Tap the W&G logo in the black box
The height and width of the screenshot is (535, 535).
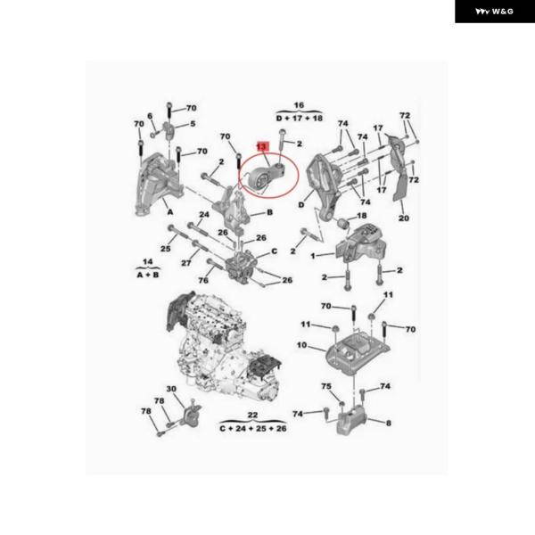click(x=495, y=12)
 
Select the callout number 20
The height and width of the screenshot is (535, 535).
click(x=403, y=218)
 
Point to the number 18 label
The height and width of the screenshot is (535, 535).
click(x=361, y=216)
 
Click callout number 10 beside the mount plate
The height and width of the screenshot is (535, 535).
click(x=301, y=345)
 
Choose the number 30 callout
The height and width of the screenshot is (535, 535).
click(x=171, y=389)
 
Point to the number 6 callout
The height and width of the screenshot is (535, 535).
click(x=150, y=116)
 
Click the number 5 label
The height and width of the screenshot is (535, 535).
click(x=193, y=124)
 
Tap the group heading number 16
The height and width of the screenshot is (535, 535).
click(x=299, y=105)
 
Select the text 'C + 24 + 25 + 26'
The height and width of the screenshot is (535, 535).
click(x=253, y=428)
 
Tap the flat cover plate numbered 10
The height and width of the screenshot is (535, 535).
click(x=357, y=350)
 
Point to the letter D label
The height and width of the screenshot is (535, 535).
click(x=301, y=204)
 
